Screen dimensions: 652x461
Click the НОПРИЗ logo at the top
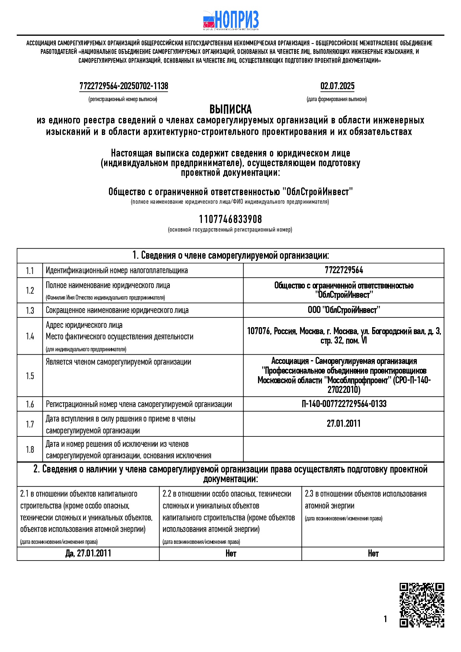pos(231,20)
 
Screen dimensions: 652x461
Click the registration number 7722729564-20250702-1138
pos(124,86)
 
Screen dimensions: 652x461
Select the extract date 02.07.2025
pos(337,86)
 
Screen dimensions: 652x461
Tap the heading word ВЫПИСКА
pos(230,109)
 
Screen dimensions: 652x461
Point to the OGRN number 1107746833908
pos(230,219)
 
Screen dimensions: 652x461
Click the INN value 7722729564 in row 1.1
pos(344,270)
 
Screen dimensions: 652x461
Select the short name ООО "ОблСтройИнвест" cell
pos(344,310)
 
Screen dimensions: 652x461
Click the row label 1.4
pos(30,336)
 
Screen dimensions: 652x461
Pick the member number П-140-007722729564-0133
pos(344,404)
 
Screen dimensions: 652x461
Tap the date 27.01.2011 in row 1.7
pos(344,424)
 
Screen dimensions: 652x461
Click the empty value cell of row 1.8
pos(344,449)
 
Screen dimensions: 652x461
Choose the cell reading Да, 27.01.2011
pos(88,553)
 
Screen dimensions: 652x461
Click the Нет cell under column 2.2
pos(230,553)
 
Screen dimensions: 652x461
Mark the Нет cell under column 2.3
pos(373,553)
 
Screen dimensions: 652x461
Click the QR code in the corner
pos(422,605)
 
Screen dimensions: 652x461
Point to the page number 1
pos(385,619)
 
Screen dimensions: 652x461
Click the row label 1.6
pos(30,404)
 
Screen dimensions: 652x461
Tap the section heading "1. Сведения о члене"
pos(230,256)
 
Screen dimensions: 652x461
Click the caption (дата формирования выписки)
pos(336,99)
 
